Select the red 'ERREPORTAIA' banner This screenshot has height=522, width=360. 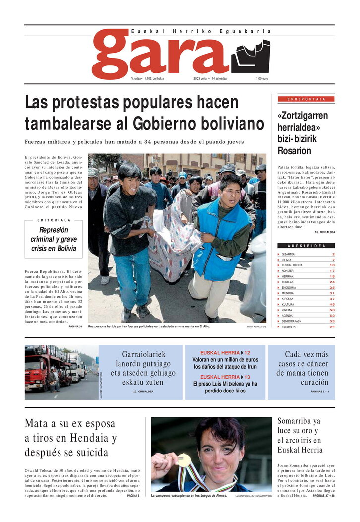(306, 99)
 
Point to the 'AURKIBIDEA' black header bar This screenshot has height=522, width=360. (306, 246)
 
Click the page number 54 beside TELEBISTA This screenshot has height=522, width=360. (332, 327)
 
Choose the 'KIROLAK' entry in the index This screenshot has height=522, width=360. (288, 299)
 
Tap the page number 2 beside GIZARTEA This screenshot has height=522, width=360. (333, 254)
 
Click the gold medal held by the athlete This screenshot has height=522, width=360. (184, 460)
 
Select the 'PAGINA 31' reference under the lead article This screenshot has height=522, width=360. (75, 327)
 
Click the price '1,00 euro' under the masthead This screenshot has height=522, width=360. (262, 79)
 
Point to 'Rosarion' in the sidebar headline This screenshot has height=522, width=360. (294, 151)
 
